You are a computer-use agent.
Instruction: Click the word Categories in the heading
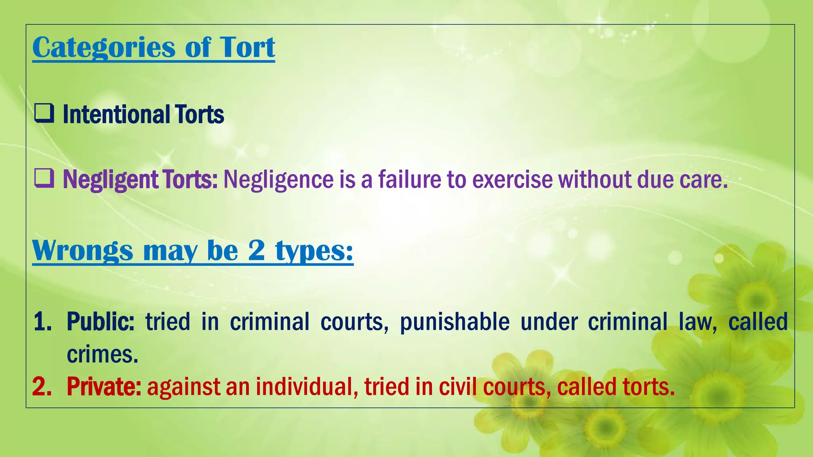[x=104, y=48]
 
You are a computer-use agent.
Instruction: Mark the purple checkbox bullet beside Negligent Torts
[x=44, y=178]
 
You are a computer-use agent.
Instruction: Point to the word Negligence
[x=278, y=180]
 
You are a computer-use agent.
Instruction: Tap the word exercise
[x=512, y=179]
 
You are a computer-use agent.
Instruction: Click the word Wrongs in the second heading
[x=83, y=251]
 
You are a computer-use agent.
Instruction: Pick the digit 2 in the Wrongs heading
[x=256, y=250]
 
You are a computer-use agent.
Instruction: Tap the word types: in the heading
[x=314, y=251]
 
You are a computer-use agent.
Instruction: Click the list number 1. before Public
[x=42, y=321]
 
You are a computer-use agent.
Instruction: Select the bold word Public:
[x=100, y=321]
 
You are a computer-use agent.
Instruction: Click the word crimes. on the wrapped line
[x=102, y=354]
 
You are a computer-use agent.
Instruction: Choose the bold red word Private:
[x=104, y=386]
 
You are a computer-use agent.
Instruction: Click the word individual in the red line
[x=304, y=386]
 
